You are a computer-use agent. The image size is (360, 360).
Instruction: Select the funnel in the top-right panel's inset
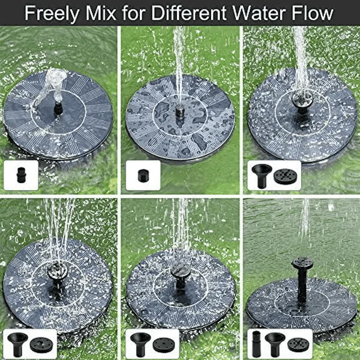[x=262, y=175]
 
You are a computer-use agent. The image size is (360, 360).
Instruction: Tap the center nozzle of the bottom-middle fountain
[x=179, y=273]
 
